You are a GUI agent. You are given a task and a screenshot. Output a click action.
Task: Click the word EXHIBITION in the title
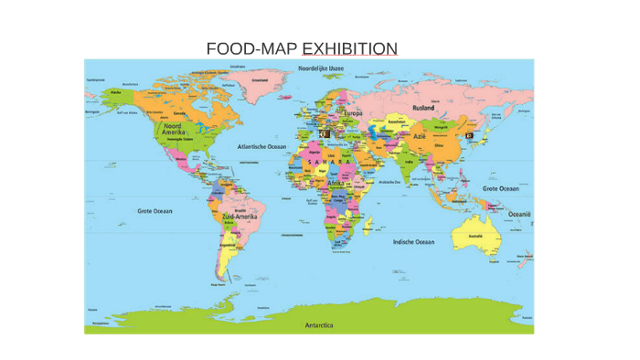(350, 48)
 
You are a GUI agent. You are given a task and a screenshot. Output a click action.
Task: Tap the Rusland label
(423, 108)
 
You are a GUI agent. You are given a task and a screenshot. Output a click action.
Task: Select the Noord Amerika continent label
(174, 130)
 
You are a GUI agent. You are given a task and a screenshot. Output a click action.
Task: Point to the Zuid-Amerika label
(240, 217)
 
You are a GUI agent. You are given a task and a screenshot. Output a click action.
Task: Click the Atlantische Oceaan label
(262, 146)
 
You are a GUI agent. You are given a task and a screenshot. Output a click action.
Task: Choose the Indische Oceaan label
(413, 242)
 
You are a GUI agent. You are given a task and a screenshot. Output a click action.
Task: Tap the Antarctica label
(319, 324)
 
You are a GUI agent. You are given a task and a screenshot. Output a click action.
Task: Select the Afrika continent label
(336, 184)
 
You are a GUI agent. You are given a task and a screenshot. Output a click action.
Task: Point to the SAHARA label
(331, 162)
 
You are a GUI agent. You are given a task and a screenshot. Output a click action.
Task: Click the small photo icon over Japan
(470, 134)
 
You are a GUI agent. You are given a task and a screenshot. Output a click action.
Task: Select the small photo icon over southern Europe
(322, 133)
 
